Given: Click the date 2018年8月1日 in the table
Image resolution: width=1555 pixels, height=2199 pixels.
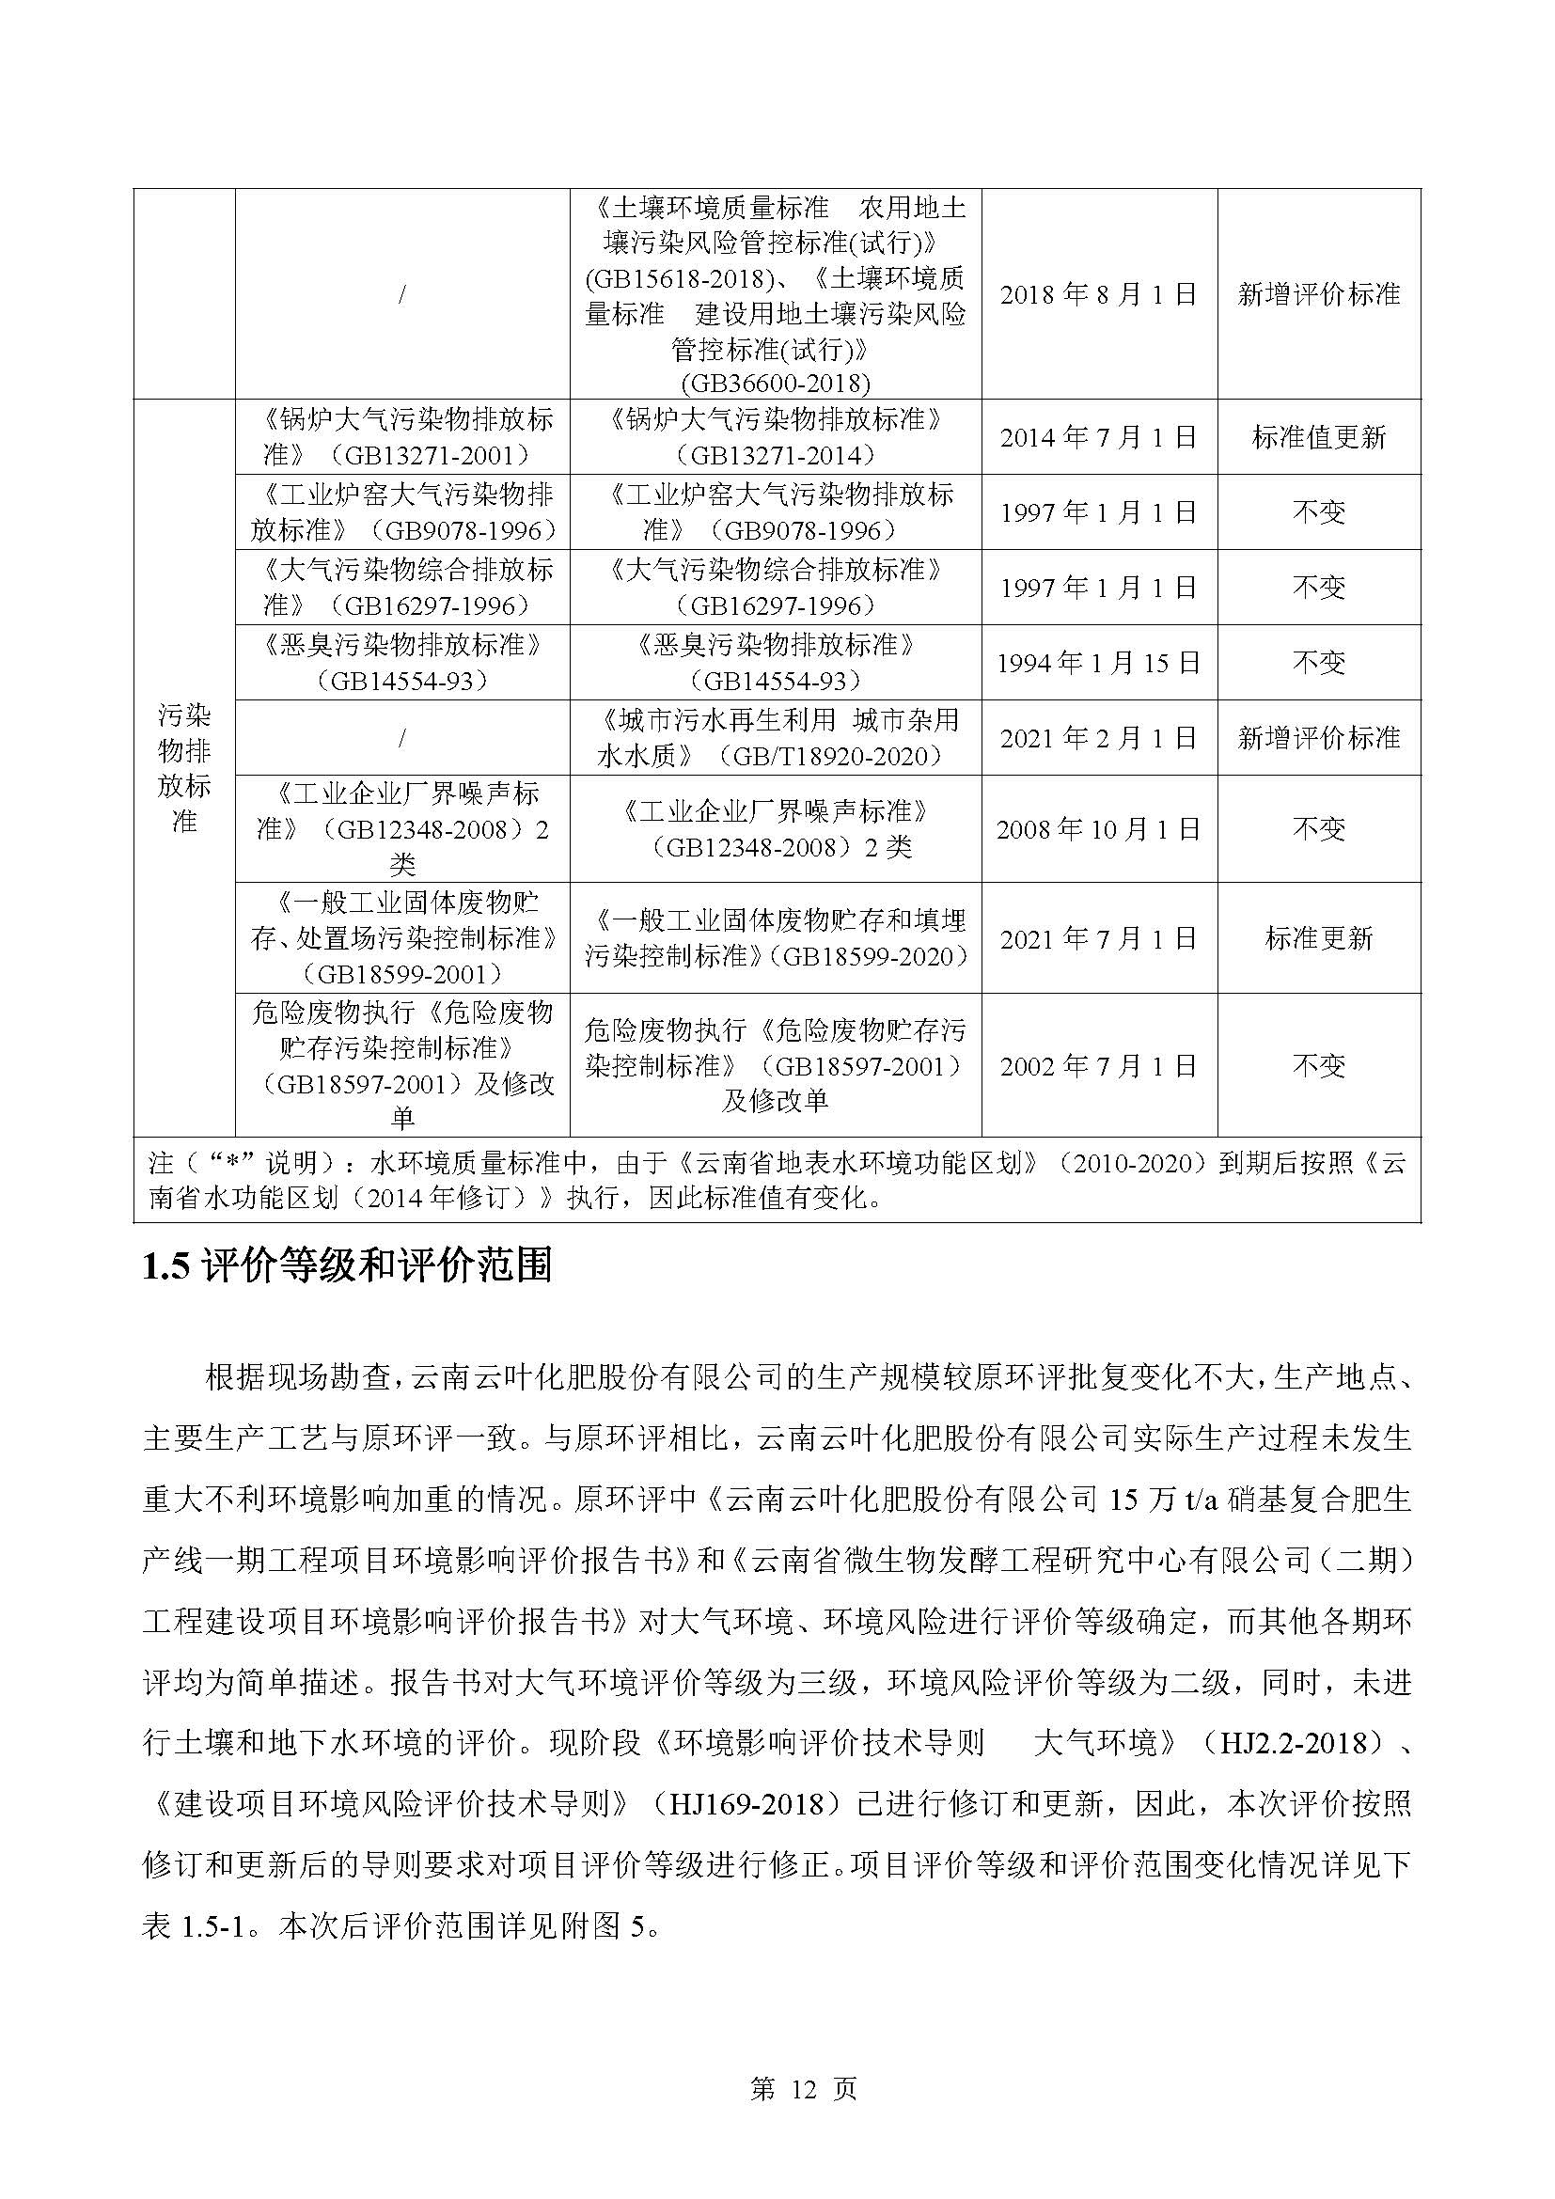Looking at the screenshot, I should pos(1098,294).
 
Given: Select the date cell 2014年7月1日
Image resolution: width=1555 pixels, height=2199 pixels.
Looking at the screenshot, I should pos(1098,438).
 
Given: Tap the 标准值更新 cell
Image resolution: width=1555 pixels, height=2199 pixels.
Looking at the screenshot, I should pos(1318,438).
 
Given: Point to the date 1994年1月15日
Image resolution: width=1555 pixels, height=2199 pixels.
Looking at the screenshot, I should pos(1098,663).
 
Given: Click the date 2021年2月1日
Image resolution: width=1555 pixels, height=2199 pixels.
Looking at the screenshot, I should pos(1098,737).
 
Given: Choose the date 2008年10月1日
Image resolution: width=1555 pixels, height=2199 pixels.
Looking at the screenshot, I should pos(1098,828).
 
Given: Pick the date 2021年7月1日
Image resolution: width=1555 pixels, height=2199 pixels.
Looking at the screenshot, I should pos(1098,937).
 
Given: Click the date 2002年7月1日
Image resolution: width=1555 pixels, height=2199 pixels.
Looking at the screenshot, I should pos(1098,1065).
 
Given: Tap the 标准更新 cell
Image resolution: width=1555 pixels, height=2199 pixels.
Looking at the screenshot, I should pos(1318,937).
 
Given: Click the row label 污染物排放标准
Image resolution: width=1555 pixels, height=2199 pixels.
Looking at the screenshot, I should pos(184,768).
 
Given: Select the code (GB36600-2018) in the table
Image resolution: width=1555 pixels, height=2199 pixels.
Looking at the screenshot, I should pos(775,383).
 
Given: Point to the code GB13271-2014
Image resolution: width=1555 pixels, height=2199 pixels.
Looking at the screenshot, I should pos(775,455).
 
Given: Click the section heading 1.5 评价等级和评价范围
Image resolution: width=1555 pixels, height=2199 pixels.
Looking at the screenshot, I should pos(347,1266).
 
